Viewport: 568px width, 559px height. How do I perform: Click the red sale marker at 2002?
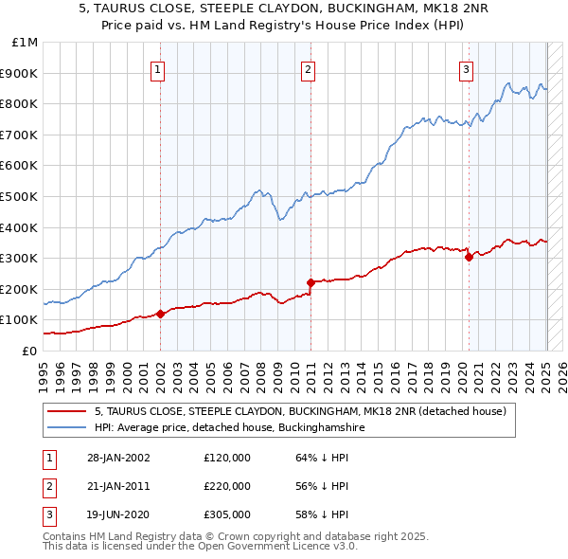click(160, 314)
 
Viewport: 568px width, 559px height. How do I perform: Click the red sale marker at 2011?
click(311, 282)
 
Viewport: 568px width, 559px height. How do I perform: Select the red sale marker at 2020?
click(469, 257)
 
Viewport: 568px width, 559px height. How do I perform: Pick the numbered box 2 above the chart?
click(309, 68)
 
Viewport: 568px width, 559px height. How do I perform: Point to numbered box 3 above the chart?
click(467, 68)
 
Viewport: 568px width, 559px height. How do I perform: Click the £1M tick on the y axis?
click(26, 43)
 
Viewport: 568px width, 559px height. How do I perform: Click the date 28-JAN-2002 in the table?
click(118, 458)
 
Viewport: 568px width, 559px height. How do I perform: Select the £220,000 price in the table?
click(227, 486)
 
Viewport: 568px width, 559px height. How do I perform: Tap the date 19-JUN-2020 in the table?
click(118, 514)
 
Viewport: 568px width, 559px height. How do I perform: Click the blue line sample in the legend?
click(66, 427)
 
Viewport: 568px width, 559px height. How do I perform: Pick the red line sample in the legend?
click(66, 411)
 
